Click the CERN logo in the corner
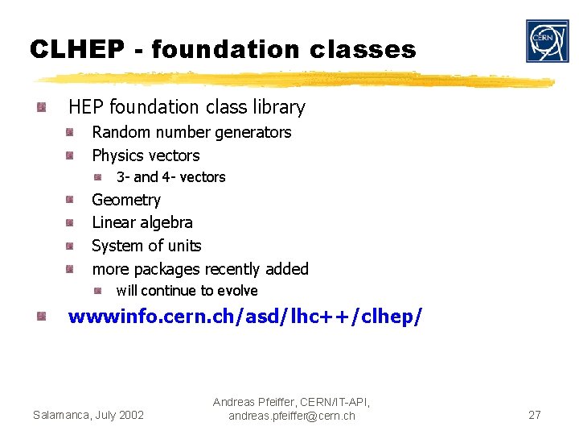coord(547,41)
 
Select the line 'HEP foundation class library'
coord(187,107)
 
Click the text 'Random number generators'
coord(191,132)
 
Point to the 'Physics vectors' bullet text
coord(146,155)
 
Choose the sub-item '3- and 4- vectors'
coord(170,177)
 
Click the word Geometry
coord(126,200)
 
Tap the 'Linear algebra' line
coord(142,222)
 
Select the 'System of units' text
coord(146,246)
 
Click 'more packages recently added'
coord(200,269)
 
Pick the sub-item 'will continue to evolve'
coord(187,291)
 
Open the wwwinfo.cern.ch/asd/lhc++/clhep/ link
coord(244,317)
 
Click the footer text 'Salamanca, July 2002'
coord(88,415)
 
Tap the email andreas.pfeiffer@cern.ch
coord(292,416)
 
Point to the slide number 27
coord(534,415)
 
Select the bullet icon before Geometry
coord(71,200)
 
